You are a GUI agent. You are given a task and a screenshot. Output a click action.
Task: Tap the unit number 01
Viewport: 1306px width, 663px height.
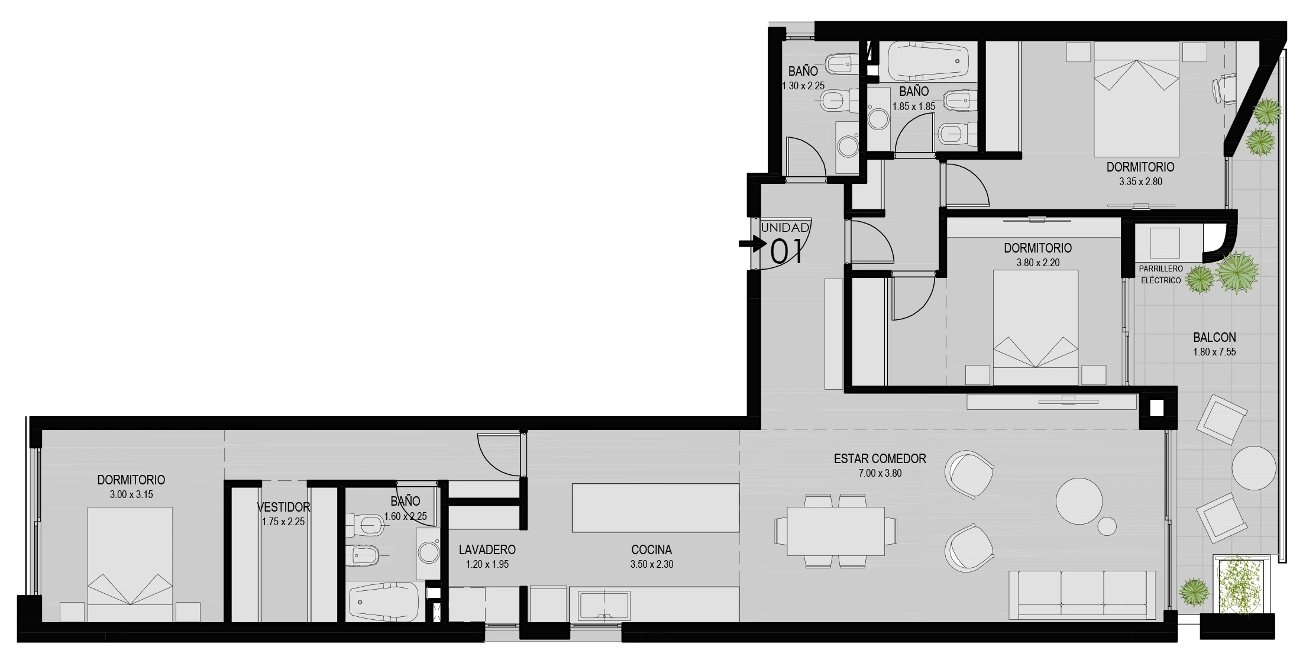coord(787,251)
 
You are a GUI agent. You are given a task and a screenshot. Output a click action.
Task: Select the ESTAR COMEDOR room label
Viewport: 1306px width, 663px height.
coord(880,458)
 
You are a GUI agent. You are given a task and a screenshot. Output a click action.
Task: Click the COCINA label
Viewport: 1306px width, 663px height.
coord(651,549)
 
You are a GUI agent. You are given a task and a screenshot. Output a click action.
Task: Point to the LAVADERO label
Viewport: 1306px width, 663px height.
coord(487,549)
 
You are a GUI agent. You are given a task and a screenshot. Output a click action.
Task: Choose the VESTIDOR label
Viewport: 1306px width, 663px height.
coord(283,507)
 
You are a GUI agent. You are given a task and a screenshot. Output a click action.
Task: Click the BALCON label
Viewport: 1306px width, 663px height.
coord(1214,337)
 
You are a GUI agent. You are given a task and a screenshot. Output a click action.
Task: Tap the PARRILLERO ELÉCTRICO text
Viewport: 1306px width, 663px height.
coord(1160,274)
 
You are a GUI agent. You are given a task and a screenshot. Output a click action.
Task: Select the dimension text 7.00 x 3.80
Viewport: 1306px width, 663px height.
coord(880,473)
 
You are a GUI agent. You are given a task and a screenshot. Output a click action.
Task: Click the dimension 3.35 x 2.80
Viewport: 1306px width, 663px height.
coord(1140,182)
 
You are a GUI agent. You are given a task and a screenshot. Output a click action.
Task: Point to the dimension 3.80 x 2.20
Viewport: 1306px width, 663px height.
coord(1038,263)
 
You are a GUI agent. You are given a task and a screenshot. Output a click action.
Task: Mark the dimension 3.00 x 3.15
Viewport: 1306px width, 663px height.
coord(131,494)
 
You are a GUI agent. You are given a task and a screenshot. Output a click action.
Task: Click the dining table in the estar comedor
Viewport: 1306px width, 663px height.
coord(836,531)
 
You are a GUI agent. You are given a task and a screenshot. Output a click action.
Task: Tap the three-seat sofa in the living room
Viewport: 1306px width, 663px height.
coord(1082,595)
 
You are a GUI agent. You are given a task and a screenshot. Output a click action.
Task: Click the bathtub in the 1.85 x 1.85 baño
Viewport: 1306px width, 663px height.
coord(928,60)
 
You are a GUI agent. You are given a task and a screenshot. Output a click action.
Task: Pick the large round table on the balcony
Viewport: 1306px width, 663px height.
coord(1254,468)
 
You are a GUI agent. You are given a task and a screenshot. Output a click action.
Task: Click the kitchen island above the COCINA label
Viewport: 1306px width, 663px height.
coord(655,507)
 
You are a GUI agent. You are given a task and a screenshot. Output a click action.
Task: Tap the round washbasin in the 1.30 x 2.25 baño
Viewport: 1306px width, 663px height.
coord(848,146)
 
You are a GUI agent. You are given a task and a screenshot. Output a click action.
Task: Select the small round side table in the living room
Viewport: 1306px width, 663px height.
coord(1107,526)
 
